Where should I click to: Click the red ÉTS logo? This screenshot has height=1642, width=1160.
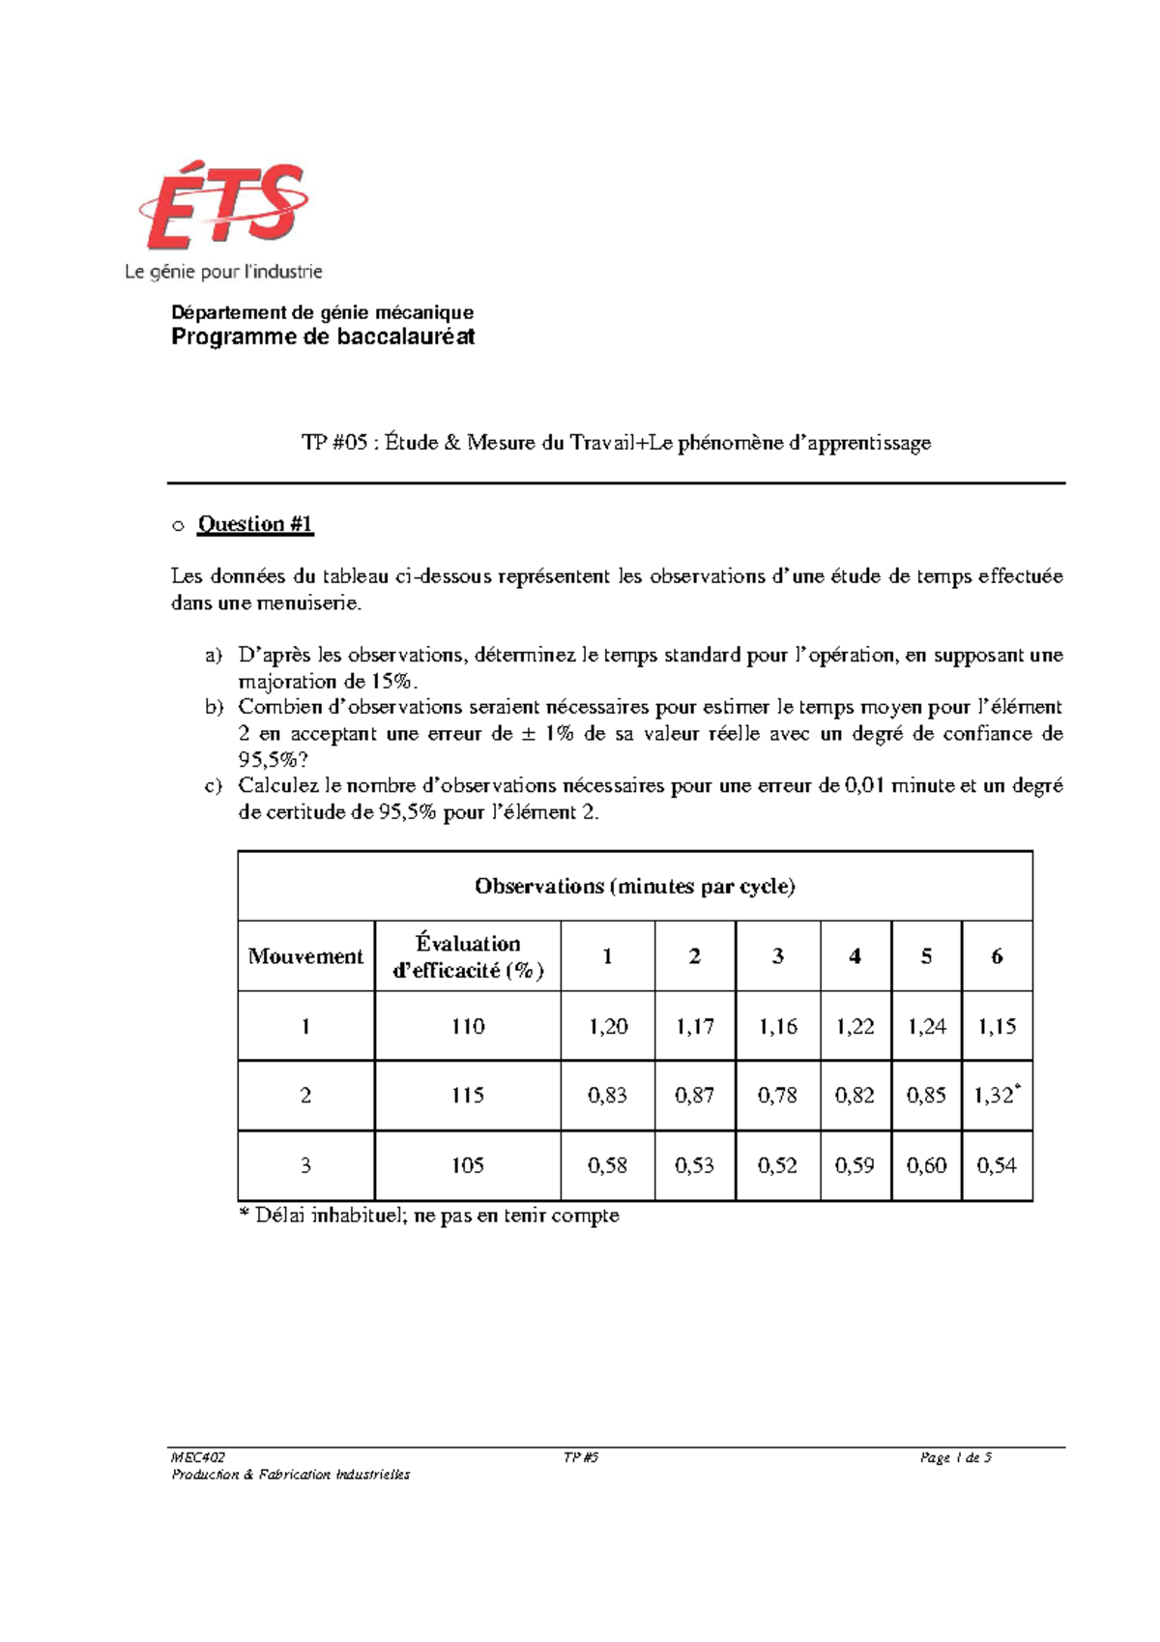pyautogui.click(x=224, y=208)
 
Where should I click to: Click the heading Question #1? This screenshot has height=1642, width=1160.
pyautogui.click(x=255, y=524)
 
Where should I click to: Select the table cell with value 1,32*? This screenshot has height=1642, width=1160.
pyautogui.click(x=997, y=1096)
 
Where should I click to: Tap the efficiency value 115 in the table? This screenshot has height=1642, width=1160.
pyautogui.click(x=467, y=1096)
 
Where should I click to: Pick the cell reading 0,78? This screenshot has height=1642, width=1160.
pyautogui.click(x=777, y=1096)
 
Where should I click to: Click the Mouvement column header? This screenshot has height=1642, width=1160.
pyautogui.click(x=305, y=956)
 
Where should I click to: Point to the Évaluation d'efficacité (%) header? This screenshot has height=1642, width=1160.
pyautogui.click(x=468, y=956)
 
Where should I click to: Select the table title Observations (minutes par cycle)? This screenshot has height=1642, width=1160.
pyautogui.click(x=634, y=886)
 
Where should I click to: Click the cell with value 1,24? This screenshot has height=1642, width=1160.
pyautogui.click(x=926, y=1026)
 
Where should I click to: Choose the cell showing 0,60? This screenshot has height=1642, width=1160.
pyautogui.click(x=926, y=1165)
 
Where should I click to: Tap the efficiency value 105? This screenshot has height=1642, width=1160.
pyautogui.click(x=467, y=1165)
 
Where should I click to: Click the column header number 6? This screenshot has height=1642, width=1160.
pyautogui.click(x=997, y=956)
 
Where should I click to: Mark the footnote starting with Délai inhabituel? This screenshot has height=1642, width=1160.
pyautogui.click(x=429, y=1216)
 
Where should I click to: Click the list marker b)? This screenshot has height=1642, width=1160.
pyautogui.click(x=214, y=707)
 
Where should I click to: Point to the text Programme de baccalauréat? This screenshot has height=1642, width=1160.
pyautogui.click(x=323, y=337)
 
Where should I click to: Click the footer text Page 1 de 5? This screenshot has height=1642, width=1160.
pyautogui.click(x=956, y=1457)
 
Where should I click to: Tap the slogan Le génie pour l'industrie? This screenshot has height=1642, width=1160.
pyautogui.click(x=223, y=273)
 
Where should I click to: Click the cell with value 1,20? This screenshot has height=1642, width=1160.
pyautogui.click(x=607, y=1026)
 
